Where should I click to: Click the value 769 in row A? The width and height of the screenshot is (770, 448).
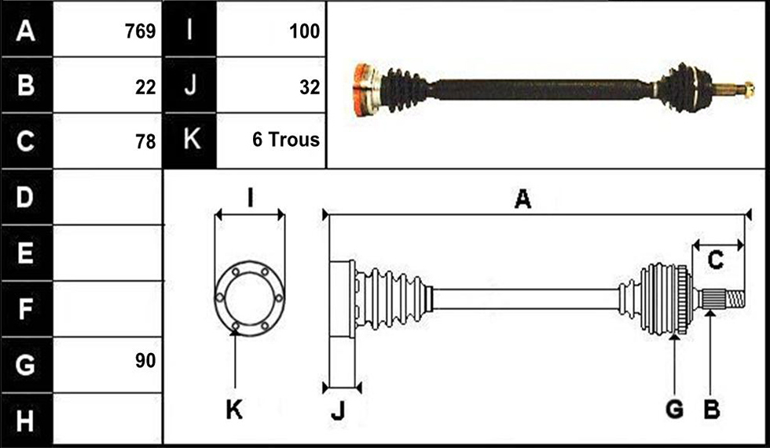coord(141,31)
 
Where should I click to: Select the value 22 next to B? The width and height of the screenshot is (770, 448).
coord(145,87)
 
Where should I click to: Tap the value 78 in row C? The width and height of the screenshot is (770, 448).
coord(145,142)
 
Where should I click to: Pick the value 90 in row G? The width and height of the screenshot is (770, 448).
coord(145,361)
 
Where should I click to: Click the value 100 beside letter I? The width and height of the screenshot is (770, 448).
coord(305,31)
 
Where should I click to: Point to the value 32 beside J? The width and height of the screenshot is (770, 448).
coord(310,87)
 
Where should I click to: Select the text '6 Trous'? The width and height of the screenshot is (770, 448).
coord(286,140)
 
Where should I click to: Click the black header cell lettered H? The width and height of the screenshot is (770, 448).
coord(27,421)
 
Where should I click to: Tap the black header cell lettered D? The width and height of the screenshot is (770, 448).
coord(27,197)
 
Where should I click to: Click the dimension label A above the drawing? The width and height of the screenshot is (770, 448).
coord(522,199)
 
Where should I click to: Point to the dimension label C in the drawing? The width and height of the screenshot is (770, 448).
coord(716,259)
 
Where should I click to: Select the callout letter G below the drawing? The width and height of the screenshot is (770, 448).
coord(675,408)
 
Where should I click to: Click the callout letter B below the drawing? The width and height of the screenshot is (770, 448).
coord(712,408)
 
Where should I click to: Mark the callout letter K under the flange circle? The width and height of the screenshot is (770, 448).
coord(234,409)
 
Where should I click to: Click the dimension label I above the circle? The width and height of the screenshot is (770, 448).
coord(250,198)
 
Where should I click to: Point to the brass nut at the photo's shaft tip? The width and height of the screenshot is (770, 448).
coord(748,89)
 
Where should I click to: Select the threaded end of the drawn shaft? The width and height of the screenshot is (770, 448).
coord(735,300)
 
